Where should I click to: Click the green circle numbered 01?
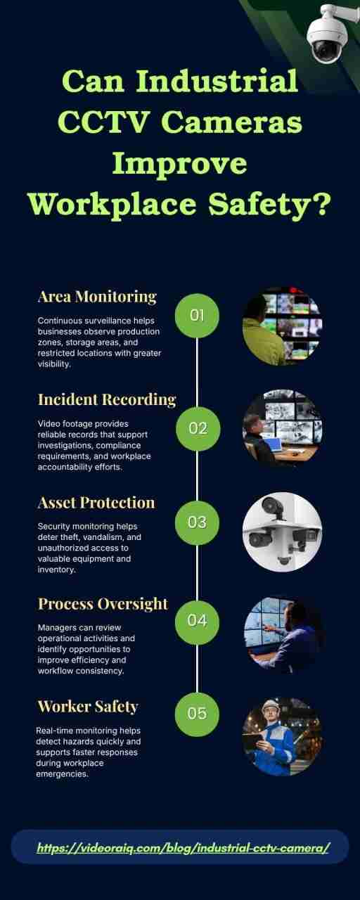pyautogui.click(x=197, y=316)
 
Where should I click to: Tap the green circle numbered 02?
pyautogui.click(x=198, y=429)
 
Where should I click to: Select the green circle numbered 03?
pyautogui.click(x=197, y=522)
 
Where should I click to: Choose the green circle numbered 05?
pyautogui.click(x=197, y=714)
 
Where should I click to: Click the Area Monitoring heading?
pyautogui.click(x=97, y=297)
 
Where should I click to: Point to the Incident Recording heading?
pyautogui.click(x=107, y=400)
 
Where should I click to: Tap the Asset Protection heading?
pyautogui.click(x=96, y=503)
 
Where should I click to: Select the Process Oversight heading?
pyautogui.click(x=103, y=604)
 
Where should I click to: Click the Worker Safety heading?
pyautogui.click(x=88, y=707)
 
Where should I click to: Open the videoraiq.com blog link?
pyautogui.click(x=184, y=848)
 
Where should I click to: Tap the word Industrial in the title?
pyautogui.click(x=217, y=81)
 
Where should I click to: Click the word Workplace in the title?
pyautogui.click(x=112, y=205)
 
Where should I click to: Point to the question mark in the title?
pyautogui.click(x=321, y=203)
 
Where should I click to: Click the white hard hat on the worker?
pyautogui.click(x=271, y=705)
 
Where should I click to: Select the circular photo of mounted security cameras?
pyautogui.click(x=282, y=532)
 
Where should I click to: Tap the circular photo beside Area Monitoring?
pyautogui.click(x=282, y=326)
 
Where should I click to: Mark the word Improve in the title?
pyautogui.click(x=179, y=164)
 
